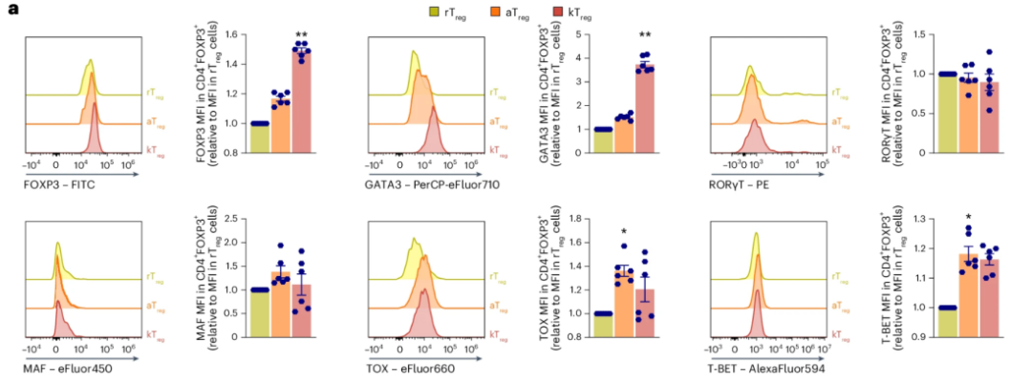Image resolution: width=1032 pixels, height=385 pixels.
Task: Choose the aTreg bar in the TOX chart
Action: pyautogui.click(x=623, y=302)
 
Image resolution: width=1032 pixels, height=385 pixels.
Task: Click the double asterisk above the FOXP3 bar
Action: pyautogui.click(x=302, y=32)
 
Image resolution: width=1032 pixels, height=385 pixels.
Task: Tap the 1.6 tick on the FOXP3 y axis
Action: pyautogui.click(x=233, y=36)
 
